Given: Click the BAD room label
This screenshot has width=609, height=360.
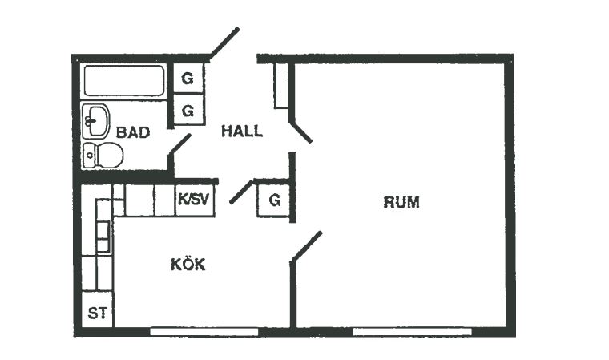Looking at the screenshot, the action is point(133,132).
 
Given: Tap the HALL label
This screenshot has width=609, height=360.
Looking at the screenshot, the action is point(242,131).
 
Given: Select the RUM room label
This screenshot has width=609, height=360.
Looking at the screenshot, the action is point(401,203).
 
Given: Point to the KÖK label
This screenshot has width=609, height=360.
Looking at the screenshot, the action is point(188,264).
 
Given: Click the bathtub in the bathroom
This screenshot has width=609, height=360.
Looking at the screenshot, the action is point(124,80).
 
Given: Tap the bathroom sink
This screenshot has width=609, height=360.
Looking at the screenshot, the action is point(96,121).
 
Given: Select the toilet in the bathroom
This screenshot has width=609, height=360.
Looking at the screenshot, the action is point(103,155).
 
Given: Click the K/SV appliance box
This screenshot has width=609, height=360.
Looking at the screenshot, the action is point(194,200).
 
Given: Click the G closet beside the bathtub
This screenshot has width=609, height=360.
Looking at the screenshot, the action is point(188,79).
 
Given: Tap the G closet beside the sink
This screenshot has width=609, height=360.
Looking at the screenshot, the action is point(188,111).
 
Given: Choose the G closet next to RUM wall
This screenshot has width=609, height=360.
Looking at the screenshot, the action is point(274,200).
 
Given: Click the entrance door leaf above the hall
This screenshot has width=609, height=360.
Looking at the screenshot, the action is point(224,42).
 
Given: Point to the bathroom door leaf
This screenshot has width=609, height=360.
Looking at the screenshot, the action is point(179,144).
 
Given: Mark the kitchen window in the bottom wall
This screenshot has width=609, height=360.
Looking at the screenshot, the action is point(204,332).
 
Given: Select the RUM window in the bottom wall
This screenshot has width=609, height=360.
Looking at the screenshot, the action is point(412,332).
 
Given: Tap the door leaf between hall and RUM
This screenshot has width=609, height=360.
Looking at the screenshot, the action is point(300,132).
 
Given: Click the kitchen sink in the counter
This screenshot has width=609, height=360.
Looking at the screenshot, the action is point(103,237).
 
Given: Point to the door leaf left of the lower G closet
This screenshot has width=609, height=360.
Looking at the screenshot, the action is point(241,192).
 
